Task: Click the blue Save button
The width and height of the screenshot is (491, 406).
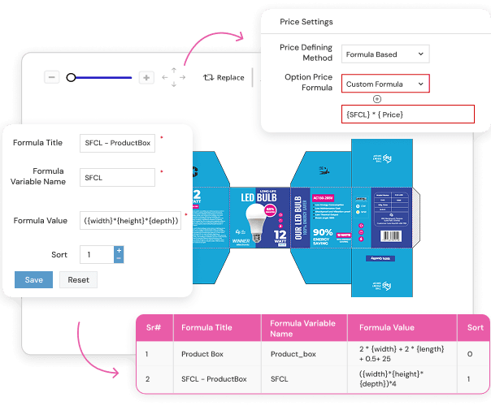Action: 33,279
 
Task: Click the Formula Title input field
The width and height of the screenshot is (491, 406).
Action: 117,143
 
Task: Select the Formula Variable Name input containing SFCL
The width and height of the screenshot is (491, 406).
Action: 117,177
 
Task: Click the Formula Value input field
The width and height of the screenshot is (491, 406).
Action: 130,221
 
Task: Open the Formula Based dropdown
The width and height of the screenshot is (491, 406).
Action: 385,54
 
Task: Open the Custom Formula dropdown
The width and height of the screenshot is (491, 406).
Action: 385,84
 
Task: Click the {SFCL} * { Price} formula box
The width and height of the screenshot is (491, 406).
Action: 407,114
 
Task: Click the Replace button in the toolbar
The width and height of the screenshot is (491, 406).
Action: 224,77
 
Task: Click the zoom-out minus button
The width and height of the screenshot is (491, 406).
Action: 52,77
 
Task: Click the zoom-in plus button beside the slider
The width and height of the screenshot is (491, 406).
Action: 146,77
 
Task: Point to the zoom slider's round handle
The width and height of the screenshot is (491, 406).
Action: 71,77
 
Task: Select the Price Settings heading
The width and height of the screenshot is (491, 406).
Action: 306,22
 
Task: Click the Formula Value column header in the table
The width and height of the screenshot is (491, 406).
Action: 386,328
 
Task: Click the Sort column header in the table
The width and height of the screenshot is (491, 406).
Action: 475,328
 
